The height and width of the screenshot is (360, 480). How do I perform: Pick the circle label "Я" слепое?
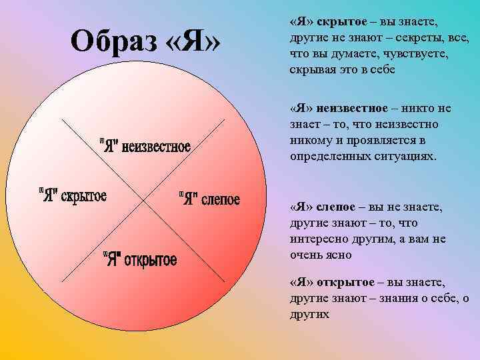(210, 199)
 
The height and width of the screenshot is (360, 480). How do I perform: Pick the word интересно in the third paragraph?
(315, 239)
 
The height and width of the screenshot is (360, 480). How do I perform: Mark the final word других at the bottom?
(310, 313)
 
